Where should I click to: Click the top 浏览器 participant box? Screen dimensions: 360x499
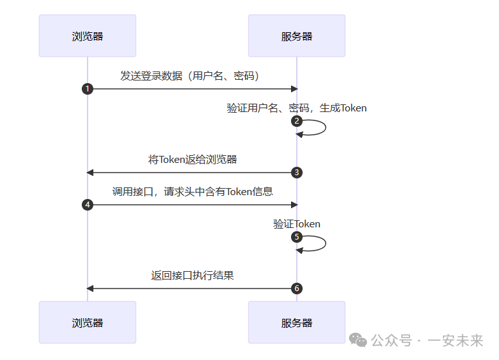(88, 36)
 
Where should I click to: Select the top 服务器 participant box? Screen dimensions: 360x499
(297, 36)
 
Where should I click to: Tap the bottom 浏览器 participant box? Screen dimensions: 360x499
(88, 322)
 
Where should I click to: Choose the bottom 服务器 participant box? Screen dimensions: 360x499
(297, 322)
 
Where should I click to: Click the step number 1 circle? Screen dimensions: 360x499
(88, 89)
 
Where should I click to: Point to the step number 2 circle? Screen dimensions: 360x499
(297, 121)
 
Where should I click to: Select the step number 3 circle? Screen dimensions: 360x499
(297, 173)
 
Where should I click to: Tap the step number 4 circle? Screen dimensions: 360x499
(88, 205)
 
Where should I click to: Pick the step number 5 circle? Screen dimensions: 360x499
(297, 237)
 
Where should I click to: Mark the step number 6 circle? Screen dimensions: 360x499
(297, 289)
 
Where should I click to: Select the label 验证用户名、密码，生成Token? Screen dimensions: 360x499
(297, 108)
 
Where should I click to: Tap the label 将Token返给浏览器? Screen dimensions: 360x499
(193, 159)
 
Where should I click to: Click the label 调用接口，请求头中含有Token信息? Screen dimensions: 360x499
(193, 191)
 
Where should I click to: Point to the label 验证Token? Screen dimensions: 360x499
(297, 223)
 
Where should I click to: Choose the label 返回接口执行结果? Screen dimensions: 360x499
(193, 275)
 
